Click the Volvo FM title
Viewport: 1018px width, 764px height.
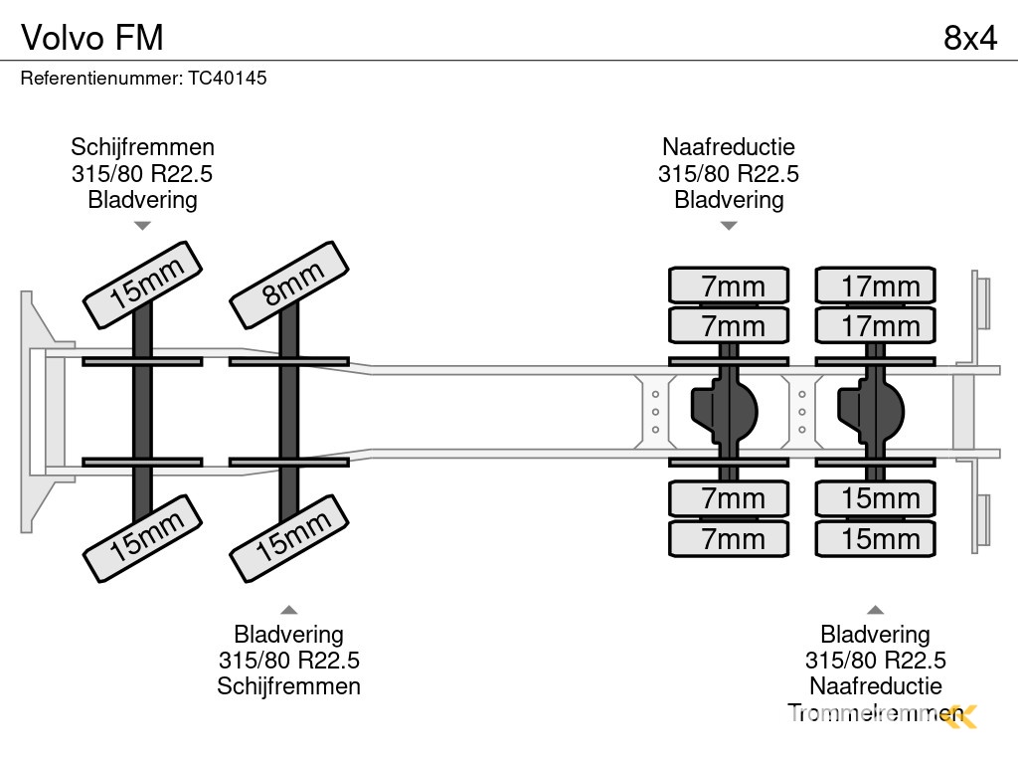(x=92, y=37)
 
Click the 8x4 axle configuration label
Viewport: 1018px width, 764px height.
(x=969, y=37)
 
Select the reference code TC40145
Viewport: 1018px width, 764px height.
(x=228, y=77)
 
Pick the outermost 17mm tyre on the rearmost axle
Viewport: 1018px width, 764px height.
(x=875, y=286)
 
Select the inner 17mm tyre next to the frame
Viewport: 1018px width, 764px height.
(x=875, y=325)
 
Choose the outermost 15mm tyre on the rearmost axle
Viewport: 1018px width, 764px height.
(x=875, y=538)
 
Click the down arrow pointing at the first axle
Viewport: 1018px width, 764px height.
(x=142, y=226)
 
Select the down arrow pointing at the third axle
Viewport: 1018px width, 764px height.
(x=729, y=226)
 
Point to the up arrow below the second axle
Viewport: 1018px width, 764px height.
(x=288, y=609)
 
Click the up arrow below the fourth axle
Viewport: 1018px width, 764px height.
(x=875, y=609)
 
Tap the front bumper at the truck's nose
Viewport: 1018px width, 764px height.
(x=36, y=410)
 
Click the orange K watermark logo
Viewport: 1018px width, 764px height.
(x=961, y=715)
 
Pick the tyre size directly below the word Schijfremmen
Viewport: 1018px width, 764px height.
(x=142, y=174)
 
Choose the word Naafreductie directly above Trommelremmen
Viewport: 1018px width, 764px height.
(x=875, y=685)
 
